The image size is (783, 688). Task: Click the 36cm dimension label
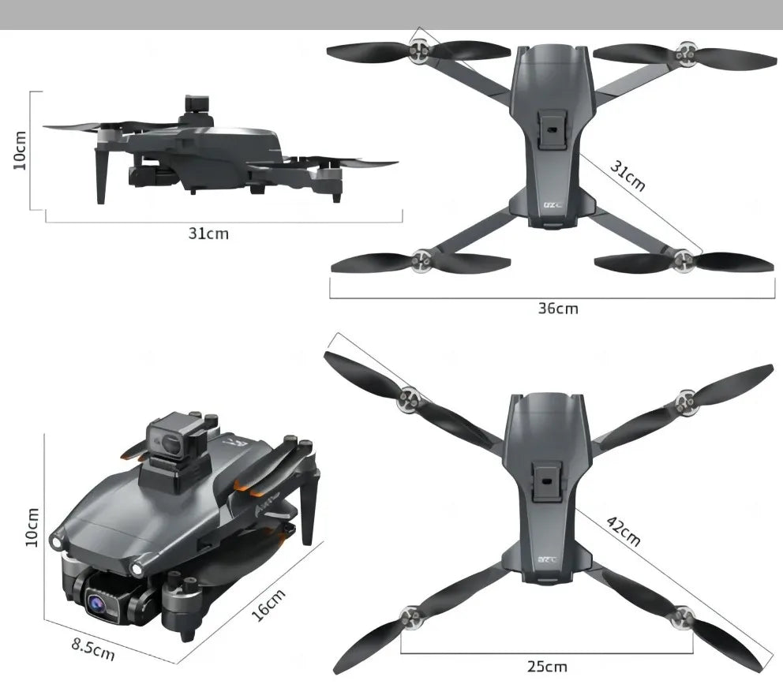click(558, 308)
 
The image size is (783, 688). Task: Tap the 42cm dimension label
click(623, 530)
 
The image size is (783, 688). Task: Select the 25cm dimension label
click(547, 667)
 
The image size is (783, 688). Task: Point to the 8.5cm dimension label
click(93, 650)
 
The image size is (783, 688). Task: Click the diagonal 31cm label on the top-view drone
click(628, 175)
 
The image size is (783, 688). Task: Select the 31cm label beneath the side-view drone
click(208, 234)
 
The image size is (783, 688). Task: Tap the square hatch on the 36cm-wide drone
click(550, 127)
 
